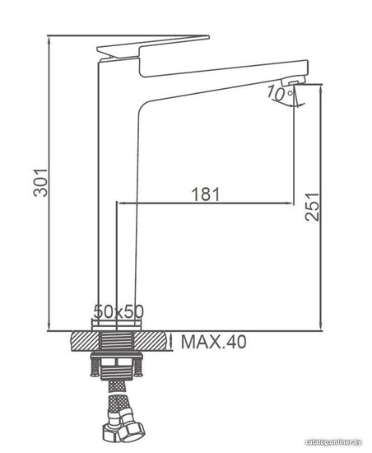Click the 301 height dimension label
point(40,183)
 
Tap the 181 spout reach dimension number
point(206,194)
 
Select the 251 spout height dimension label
point(312,207)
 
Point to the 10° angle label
point(280,93)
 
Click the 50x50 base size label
point(119,311)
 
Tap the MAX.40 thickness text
point(213,342)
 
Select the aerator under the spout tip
point(293,81)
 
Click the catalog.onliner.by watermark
point(333,442)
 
